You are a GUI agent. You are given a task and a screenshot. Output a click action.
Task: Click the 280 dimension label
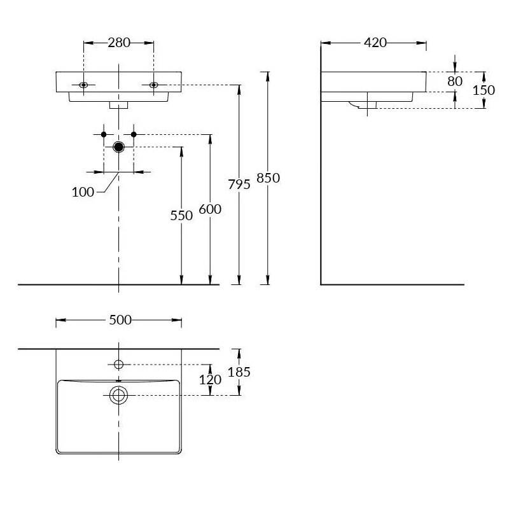119,43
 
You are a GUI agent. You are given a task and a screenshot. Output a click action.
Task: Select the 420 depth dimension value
375,43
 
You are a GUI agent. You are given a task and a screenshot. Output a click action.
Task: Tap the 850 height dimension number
268,178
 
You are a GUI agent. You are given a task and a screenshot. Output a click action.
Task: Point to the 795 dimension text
239,184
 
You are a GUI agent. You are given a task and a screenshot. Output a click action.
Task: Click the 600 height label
210,209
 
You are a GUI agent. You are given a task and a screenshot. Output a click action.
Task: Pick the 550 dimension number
181,216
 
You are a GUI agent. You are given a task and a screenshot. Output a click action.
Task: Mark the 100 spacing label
84,192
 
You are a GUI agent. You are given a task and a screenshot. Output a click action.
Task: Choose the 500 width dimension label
120,320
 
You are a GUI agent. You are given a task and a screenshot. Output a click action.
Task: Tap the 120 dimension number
210,380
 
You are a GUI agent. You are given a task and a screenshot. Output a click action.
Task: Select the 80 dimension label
454,81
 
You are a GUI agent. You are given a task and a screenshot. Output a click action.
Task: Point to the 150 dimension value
484,90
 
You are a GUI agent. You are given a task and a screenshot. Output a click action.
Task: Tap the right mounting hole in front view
153,85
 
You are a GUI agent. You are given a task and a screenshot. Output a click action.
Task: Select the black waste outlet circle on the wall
118,148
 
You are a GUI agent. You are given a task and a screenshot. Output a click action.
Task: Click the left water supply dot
103,134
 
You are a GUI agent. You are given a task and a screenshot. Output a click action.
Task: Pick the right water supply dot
134,134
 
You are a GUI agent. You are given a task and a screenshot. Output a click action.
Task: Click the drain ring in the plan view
118,395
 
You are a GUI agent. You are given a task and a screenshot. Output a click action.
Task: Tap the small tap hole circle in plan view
118,364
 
